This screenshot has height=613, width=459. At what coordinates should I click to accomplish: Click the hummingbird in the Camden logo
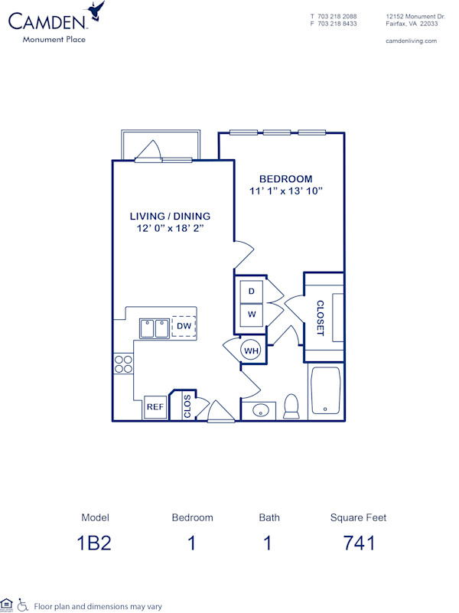coord(96,11)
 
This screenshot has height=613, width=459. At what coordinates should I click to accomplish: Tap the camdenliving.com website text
coord(411,41)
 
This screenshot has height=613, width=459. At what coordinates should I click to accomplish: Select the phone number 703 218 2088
coord(338,15)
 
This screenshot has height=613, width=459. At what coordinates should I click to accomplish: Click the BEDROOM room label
coord(285,178)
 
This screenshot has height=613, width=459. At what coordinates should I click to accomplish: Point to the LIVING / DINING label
coord(170,217)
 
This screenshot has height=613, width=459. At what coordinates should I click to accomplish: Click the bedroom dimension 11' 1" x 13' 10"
coord(285,191)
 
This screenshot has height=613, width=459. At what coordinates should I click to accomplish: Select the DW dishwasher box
coord(184,326)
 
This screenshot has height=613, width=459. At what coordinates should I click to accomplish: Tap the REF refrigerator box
coord(155,408)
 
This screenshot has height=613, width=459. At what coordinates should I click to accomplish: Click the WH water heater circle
coord(251,351)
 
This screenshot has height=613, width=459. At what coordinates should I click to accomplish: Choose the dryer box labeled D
coord(250,292)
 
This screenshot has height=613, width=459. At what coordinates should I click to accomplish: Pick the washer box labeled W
coord(250,314)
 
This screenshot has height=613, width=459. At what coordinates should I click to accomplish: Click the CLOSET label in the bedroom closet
coord(321,317)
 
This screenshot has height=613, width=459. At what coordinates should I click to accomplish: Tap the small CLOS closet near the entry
coord(187,406)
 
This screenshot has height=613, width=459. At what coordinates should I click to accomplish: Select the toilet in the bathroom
coord(291,406)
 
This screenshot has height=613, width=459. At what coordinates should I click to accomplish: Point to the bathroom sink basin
coord(261,409)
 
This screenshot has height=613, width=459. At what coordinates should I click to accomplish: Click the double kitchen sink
coord(155,328)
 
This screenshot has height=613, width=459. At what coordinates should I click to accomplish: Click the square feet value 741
coord(358,543)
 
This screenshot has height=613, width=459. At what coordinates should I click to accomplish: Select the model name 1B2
coord(95,543)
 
